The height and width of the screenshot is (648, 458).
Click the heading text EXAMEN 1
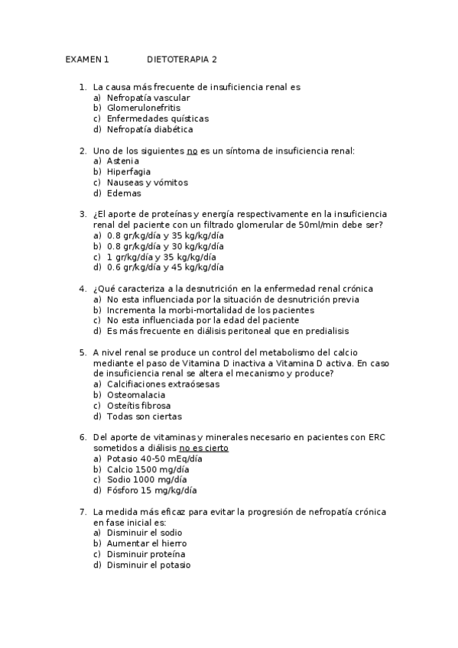(87, 59)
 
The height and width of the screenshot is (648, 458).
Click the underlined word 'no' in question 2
(193, 151)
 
